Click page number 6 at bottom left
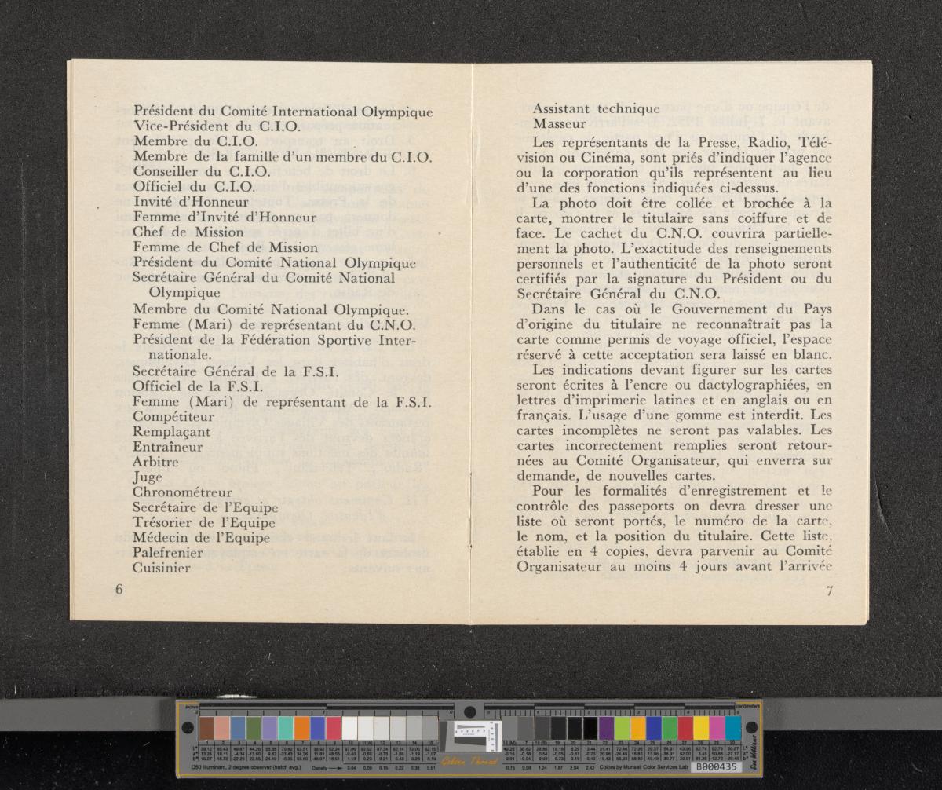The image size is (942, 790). [x=119, y=590]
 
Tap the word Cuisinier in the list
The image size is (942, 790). [x=162, y=567]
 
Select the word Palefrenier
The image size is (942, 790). [x=168, y=552]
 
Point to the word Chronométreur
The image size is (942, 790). [x=182, y=492]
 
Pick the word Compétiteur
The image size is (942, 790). [x=173, y=417]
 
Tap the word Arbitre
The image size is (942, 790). [x=155, y=463]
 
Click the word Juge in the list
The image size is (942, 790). [x=148, y=477]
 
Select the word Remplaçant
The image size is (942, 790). [x=171, y=432]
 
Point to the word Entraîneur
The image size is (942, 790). [x=168, y=447]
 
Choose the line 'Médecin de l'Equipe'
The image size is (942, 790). [x=201, y=538]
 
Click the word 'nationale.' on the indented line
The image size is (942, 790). [x=182, y=355]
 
